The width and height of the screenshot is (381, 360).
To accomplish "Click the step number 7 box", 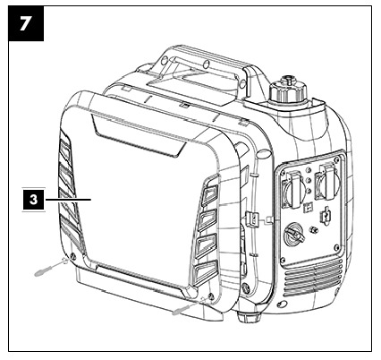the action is coord(26,23).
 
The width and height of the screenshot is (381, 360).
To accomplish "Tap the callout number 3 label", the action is coord(33,199).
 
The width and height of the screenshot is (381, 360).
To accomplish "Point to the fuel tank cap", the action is coord(288,90).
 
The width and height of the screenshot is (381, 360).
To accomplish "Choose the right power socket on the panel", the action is coord(326,182).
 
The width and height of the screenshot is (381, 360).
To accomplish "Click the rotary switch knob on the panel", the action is coord(293,236).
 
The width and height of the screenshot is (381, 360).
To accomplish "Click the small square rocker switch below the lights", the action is coord(308,208).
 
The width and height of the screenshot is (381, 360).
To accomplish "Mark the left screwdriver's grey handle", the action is coord(44,270).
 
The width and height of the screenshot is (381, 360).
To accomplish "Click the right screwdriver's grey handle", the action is coord(181,310).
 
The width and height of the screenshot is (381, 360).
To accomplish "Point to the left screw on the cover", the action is coord(72,256).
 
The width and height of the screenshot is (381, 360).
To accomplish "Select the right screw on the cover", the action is coord(211,296).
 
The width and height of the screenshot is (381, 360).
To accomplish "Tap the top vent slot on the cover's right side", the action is coord(210,195).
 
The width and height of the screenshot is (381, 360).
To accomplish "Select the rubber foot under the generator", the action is coord(250,317).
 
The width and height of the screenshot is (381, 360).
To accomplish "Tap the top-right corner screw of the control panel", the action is coord(337,161).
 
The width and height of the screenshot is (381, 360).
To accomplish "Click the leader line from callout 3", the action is coord(68,199).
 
